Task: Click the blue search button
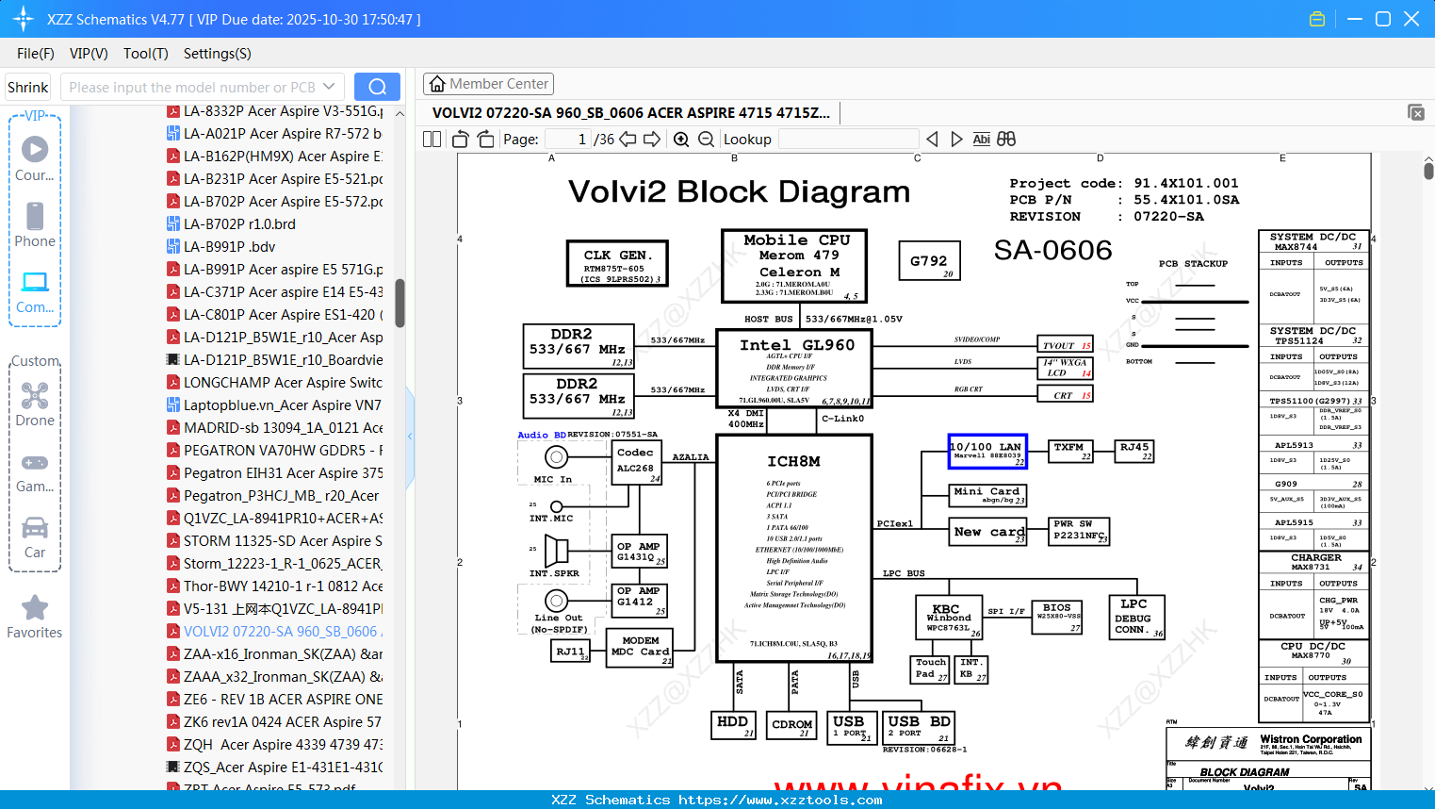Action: pyautogui.click(x=377, y=87)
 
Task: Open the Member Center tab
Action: pyautogui.click(x=488, y=84)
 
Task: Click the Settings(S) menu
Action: pyautogui.click(x=217, y=54)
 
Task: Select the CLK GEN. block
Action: pyautogui.click(x=617, y=262)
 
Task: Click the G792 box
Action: pyautogui.click(x=929, y=261)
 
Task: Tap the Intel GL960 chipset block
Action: pyautogui.click(x=797, y=369)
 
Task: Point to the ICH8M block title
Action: pyautogui.click(x=793, y=461)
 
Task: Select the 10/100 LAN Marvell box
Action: pyautogui.click(x=987, y=452)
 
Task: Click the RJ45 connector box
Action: pyautogui.click(x=1134, y=451)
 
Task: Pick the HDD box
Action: pyautogui.click(x=733, y=724)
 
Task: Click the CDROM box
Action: pyautogui.click(x=791, y=724)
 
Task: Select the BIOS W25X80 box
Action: pyautogui.click(x=1058, y=616)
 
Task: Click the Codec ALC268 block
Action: pyautogui.click(x=636, y=464)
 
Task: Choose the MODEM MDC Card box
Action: pyautogui.click(x=641, y=647)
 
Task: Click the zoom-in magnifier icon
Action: pyautogui.click(x=681, y=140)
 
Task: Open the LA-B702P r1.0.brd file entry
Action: pyautogui.click(x=239, y=223)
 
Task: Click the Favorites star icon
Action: pyautogui.click(x=35, y=608)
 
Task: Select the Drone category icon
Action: pyautogui.click(x=35, y=396)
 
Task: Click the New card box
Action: pyautogui.click(x=987, y=533)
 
